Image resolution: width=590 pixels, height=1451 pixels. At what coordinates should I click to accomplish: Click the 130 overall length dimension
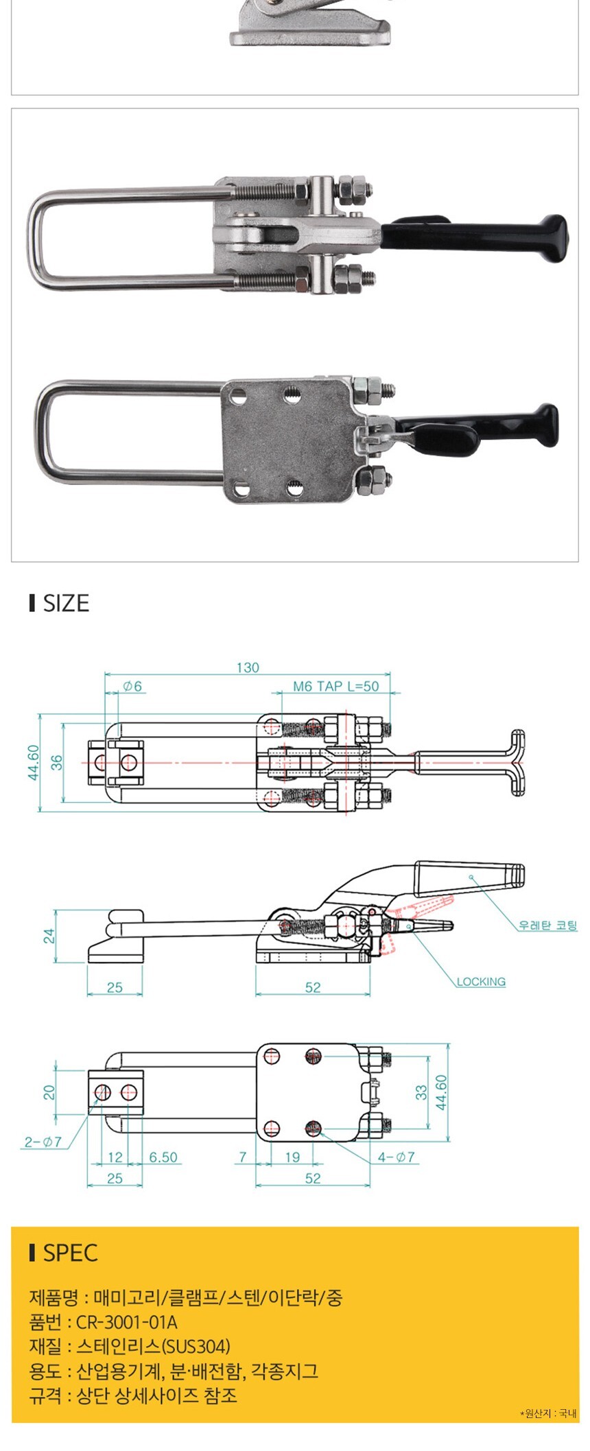[x=248, y=668]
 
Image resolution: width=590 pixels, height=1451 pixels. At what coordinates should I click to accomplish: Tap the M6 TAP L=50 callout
[x=336, y=686]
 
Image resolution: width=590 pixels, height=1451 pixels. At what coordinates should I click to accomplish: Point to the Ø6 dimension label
[x=132, y=686]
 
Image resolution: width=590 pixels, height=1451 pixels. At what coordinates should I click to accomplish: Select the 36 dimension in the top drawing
[x=57, y=762]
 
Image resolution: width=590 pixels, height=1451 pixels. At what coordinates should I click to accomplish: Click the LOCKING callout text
[x=481, y=982]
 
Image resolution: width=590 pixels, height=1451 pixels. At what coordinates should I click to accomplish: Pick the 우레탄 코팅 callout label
[x=548, y=925]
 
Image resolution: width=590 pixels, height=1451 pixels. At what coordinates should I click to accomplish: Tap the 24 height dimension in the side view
[x=49, y=936]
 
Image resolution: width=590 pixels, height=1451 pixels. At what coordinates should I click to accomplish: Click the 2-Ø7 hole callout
[x=43, y=1142]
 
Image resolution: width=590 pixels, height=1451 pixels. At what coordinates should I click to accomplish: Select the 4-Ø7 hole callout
[x=397, y=1157]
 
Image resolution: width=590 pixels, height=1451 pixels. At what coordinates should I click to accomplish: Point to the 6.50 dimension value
[x=163, y=1157]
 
